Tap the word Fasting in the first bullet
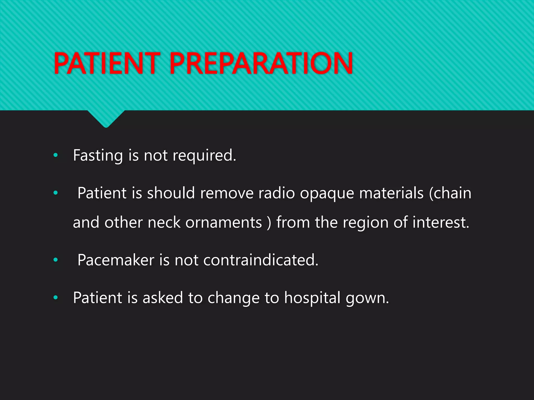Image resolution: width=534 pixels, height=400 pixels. pos(98,155)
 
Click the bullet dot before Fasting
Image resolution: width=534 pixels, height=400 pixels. pos(55,155)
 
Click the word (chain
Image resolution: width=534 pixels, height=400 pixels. pos(450,193)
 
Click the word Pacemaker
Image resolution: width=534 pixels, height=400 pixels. pos(116,260)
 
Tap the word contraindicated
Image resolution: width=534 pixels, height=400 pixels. pos(260,260)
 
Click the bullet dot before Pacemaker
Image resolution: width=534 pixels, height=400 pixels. pos(55,260)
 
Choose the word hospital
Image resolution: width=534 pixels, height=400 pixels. pos(312,298)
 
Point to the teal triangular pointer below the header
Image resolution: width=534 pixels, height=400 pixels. pos(106,119)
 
